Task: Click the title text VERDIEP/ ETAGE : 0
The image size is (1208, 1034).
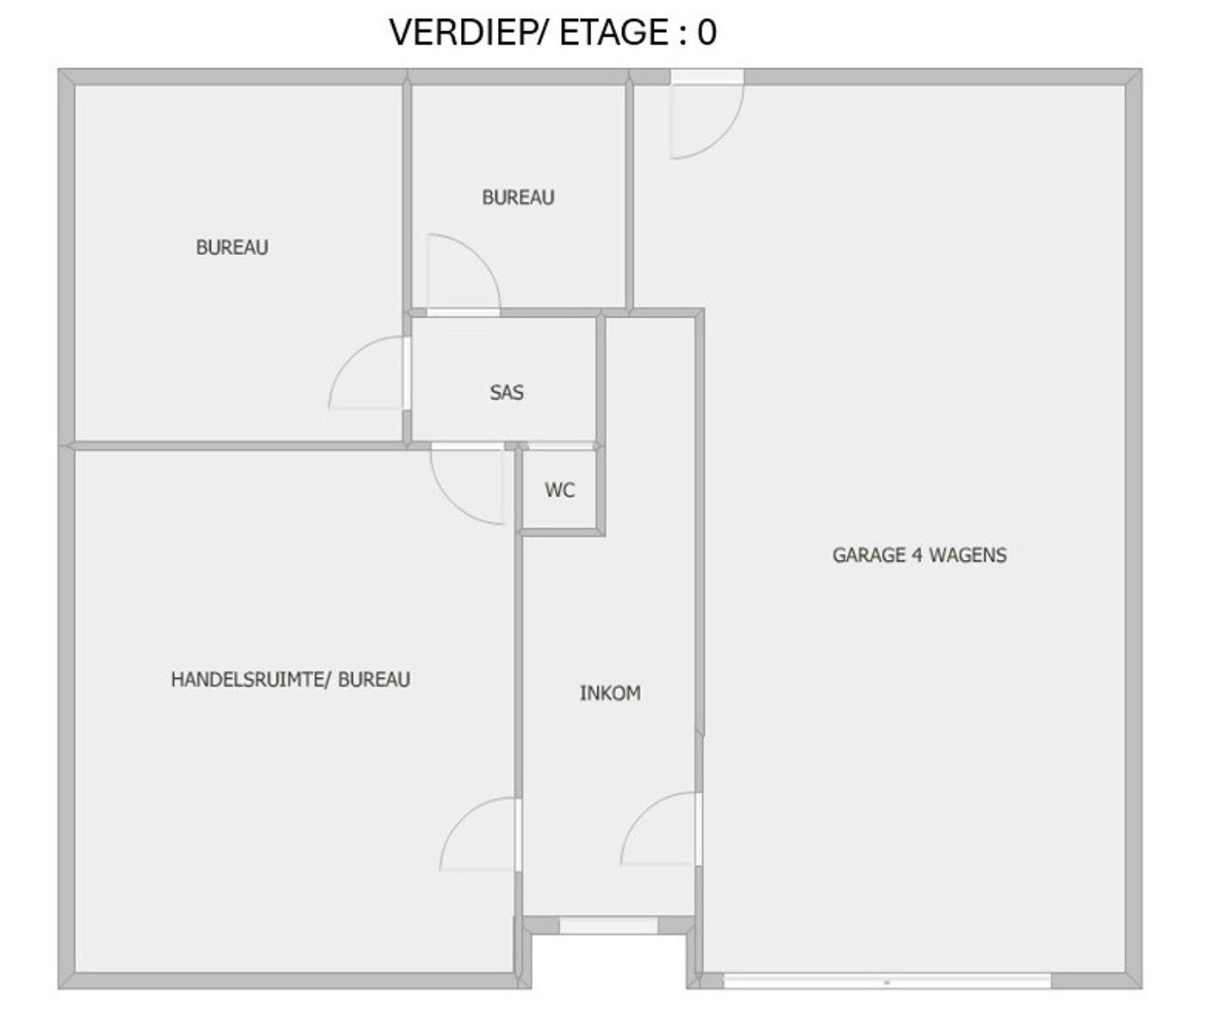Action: coord(553,32)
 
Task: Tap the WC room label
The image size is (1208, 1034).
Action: coord(560,489)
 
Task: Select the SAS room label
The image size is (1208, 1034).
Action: coord(507,392)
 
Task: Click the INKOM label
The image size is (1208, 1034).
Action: coord(610,694)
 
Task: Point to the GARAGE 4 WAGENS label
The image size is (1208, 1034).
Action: coord(919,555)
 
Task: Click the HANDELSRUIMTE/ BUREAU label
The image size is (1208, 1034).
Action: coord(290,679)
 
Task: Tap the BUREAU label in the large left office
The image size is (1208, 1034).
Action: coord(232,247)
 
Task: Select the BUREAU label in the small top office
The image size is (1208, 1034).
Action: coord(518,197)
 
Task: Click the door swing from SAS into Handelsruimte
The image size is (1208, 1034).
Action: coord(450,502)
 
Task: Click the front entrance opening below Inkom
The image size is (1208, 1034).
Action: coord(608,925)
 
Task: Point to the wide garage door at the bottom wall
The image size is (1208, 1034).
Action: coord(887,981)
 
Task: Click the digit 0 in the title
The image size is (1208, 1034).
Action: coord(707,32)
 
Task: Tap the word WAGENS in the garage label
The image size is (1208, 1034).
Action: coord(968,555)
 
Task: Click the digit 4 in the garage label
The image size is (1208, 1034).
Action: coord(917,555)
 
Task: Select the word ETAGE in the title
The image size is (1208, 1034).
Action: coord(613,32)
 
